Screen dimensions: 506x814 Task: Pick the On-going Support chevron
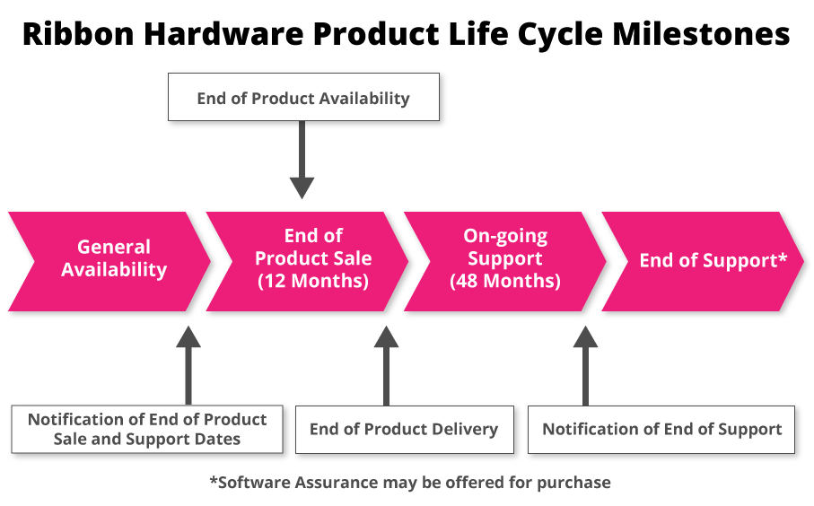tap(504, 261)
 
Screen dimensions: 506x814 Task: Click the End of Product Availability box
tap(303, 98)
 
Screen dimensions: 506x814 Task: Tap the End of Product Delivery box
tap(404, 429)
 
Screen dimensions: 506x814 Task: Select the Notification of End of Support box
tap(662, 429)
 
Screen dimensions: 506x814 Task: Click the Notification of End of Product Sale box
tap(147, 429)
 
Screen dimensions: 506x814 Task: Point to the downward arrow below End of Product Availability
tap(302, 159)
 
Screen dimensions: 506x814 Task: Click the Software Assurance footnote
tap(409, 483)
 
